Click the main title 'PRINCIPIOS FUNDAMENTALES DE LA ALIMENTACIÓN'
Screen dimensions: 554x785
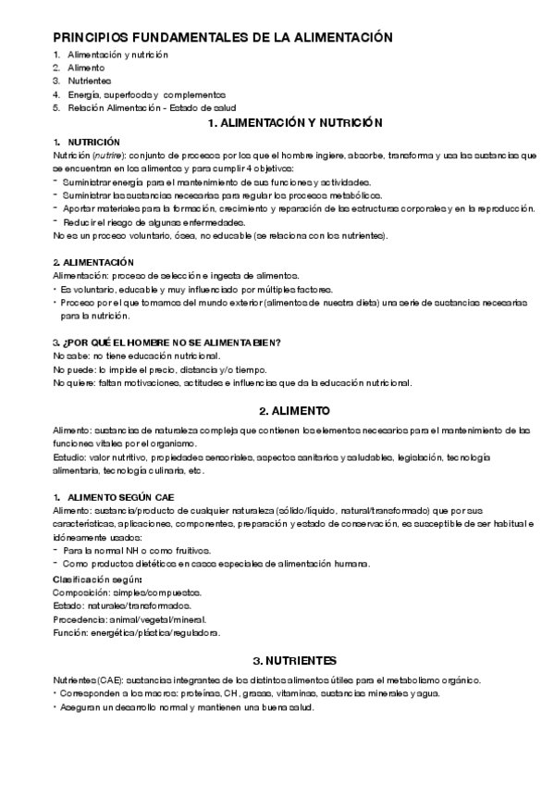point(223,37)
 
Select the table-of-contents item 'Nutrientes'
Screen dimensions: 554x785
point(83,81)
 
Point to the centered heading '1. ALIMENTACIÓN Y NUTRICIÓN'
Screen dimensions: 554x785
point(289,123)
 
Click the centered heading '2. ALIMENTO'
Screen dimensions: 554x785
point(289,409)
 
